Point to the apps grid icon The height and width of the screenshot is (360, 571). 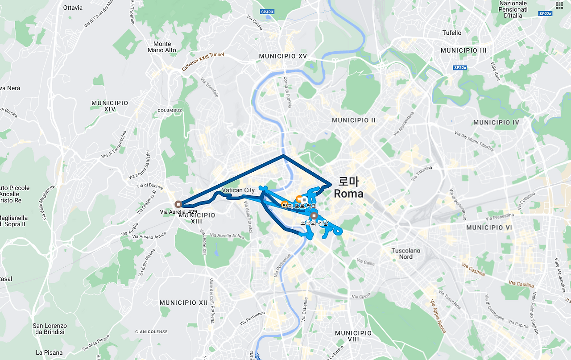click(x=559, y=5)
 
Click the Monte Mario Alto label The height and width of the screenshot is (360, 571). click(x=162, y=47)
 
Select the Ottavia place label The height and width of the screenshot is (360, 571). click(x=73, y=8)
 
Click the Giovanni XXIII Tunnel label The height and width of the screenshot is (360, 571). click(x=203, y=62)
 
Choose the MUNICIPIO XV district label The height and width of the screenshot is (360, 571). click(x=283, y=57)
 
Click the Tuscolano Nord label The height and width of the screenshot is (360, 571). click(x=405, y=253)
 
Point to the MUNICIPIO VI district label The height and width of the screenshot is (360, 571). click(x=491, y=228)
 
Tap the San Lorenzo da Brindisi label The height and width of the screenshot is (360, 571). click(x=50, y=329)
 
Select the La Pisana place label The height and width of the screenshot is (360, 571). click(x=49, y=352)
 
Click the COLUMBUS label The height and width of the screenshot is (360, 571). click(x=170, y=110)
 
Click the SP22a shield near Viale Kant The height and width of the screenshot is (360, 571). click(x=459, y=68)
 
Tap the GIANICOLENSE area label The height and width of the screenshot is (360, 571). click(x=151, y=332)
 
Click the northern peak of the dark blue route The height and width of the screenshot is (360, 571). click(x=283, y=155)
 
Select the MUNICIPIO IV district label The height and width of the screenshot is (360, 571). click(x=496, y=122)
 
